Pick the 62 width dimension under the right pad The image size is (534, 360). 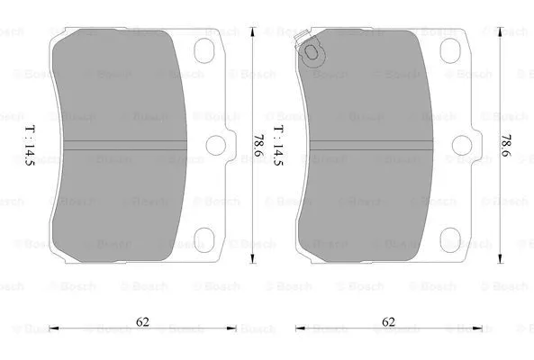(x=387, y=319)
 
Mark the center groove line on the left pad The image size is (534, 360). (x=126, y=145)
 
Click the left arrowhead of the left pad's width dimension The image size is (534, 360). (x=51, y=329)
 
